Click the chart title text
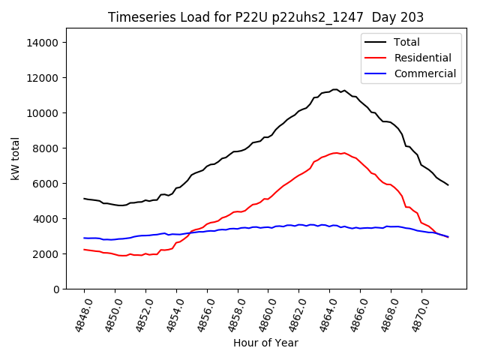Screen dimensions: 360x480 pos(265,17)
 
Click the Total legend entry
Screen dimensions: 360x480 pos(406,42)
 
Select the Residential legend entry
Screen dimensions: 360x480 pos(422,58)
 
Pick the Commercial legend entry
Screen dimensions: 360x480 pos(424,73)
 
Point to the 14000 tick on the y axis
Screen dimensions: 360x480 pos(43,43)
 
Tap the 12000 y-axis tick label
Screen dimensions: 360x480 pos(43,78)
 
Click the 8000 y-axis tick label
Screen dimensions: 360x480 pos(46,148)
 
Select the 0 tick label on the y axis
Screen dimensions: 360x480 pos(55,289)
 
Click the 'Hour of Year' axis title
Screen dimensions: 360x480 pos(265,343)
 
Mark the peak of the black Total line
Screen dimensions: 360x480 pos(335,89)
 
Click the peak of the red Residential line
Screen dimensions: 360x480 pos(336,153)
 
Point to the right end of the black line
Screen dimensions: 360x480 pos(448,184)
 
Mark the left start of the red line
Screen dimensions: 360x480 pos(84,250)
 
